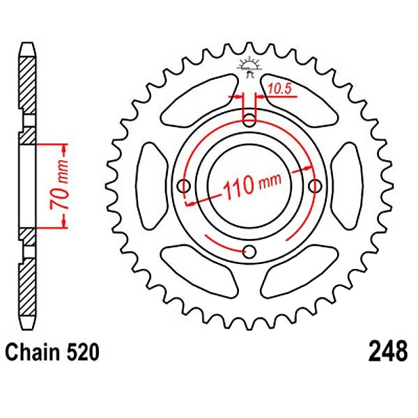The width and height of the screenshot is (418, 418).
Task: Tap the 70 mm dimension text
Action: [60, 186]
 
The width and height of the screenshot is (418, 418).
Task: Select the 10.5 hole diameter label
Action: [279, 89]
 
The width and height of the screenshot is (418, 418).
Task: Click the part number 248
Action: [388, 353]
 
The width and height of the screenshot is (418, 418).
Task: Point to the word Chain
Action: [33, 353]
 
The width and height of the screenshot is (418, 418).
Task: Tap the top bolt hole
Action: [249, 120]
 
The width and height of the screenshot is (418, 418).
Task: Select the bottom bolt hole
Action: [249, 251]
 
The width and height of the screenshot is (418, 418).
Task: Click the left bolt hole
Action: [184, 185]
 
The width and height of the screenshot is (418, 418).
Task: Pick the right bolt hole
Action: [315, 185]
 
